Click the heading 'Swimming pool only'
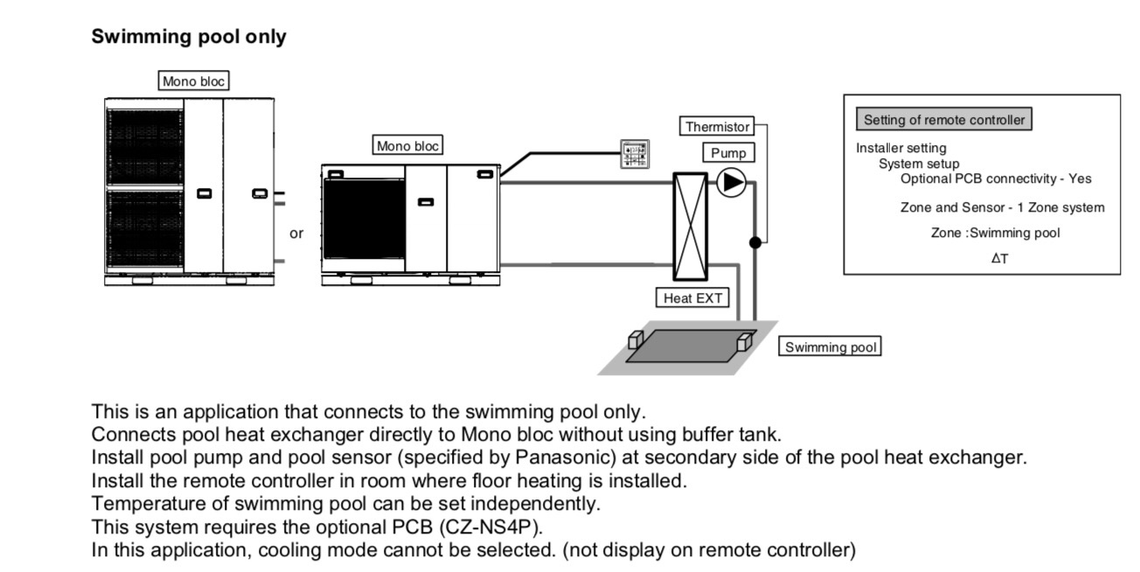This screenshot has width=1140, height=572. (x=189, y=38)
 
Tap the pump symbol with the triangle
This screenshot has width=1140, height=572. (x=731, y=183)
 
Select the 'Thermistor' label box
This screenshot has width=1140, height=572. (x=717, y=127)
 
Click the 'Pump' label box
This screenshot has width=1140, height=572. (x=727, y=153)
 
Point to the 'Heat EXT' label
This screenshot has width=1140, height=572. (x=693, y=298)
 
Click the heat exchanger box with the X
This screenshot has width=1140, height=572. (x=690, y=226)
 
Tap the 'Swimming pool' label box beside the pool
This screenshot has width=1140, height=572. (x=830, y=347)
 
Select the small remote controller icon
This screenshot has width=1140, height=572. (x=635, y=153)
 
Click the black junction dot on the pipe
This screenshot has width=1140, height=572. (x=755, y=242)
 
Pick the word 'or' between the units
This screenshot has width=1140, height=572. (x=296, y=234)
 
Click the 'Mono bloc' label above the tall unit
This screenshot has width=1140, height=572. (x=193, y=81)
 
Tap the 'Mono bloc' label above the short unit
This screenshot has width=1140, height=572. (x=407, y=146)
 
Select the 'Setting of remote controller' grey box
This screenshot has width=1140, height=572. (x=944, y=120)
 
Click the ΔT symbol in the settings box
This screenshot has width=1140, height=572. (x=999, y=259)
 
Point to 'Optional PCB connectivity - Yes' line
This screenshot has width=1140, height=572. (x=996, y=178)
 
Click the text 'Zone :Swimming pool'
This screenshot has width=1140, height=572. (x=995, y=234)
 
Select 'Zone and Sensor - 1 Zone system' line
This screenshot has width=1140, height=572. (x=1002, y=207)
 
